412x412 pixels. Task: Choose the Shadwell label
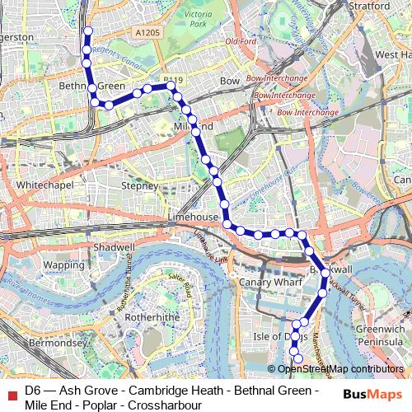pyautogui.click(x=114, y=246)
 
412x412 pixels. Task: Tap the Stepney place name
pyautogui.click(x=138, y=186)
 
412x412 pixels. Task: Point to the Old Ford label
pyautogui.click(x=241, y=41)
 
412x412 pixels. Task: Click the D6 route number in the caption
pyautogui.click(x=33, y=390)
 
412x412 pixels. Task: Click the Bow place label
pyautogui.click(x=230, y=82)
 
